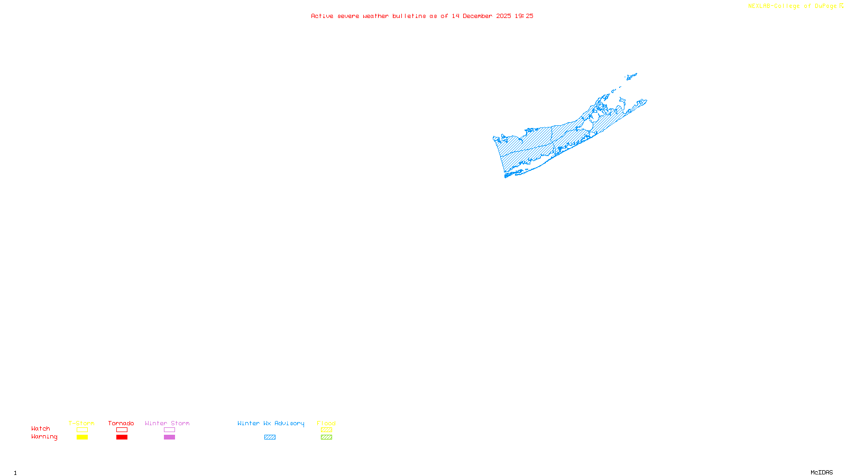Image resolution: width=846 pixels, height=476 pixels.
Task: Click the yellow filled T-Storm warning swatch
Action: (82, 437)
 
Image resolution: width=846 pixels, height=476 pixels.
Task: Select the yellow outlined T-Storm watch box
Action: (82, 430)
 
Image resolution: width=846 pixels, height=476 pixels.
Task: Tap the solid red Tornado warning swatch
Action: (122, 437)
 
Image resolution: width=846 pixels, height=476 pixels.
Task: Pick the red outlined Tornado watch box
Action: (122, 430)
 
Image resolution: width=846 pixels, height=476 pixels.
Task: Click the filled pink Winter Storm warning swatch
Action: (169, 437)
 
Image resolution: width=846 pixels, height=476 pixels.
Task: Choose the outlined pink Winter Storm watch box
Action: (169, 430)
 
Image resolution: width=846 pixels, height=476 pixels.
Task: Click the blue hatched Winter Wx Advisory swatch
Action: (270, 437)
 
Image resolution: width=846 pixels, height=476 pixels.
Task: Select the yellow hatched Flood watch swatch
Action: (326, 430)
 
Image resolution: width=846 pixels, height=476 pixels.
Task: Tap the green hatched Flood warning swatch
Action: (326, 437)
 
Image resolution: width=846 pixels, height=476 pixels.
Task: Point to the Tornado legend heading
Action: (121, 423)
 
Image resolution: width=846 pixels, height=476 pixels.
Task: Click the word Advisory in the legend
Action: (289, 423)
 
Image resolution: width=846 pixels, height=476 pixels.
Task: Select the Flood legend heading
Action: (326, 423)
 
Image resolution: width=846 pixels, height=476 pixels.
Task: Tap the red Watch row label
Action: (41, 428)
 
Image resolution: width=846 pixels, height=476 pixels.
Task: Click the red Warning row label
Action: (44, 437)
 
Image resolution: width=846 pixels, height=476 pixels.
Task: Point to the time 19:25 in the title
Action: (524, 16)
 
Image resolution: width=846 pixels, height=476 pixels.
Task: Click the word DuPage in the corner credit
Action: (825, 6)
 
